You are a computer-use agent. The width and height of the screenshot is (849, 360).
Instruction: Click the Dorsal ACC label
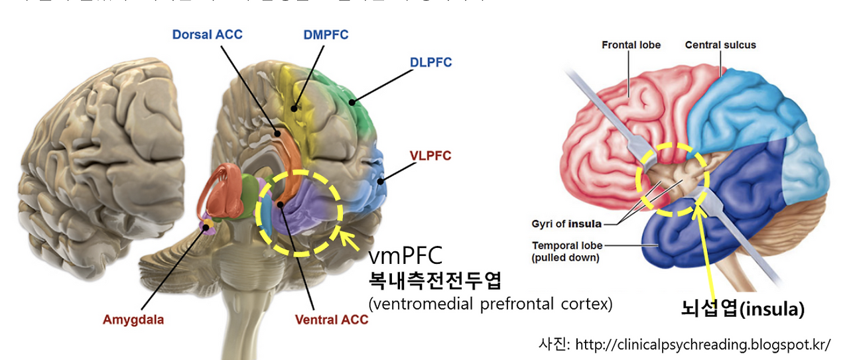click(207, 34)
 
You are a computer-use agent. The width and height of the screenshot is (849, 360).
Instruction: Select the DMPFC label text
click(325, 34)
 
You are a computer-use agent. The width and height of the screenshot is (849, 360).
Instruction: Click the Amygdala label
click(133, 320)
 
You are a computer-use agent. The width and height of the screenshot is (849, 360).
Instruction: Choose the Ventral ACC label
click(331, 320)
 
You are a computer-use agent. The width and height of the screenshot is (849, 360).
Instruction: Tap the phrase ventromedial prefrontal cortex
click(490, 304)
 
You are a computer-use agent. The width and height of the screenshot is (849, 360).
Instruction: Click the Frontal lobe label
click(631, 45)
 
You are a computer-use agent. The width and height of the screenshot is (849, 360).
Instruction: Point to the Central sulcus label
click(720, 45)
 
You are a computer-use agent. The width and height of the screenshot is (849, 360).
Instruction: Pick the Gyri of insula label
click(566, 224)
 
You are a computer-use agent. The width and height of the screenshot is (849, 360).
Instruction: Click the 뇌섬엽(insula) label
click(742, 309)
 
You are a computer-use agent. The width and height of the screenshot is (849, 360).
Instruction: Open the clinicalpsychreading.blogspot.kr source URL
click(702, 345)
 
